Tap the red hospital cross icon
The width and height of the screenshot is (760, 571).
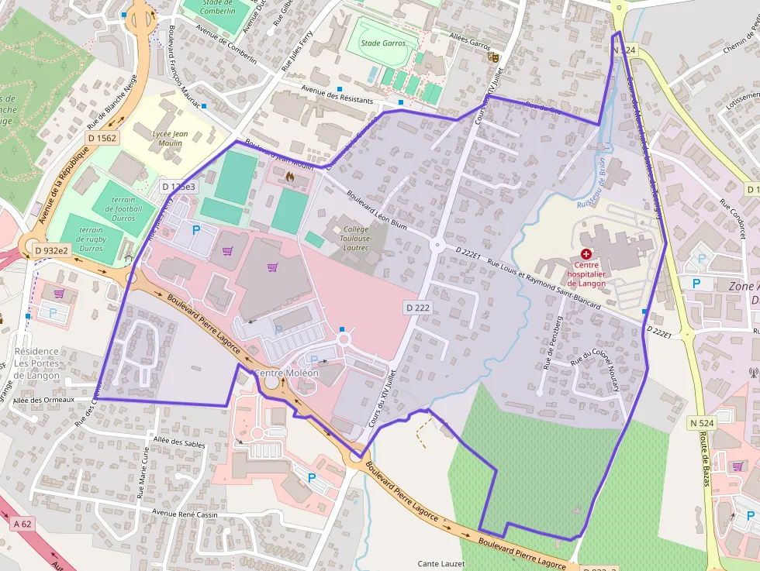point(586,254)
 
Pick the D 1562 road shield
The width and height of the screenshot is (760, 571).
point(102,138)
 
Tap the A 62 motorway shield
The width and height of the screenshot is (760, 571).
point(22,524)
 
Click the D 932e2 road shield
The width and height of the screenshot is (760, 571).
point(52,250)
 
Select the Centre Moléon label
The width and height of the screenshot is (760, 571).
point(286,373)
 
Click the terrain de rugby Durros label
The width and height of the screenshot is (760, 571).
point(91,239)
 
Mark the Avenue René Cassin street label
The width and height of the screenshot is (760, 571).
point(186,514)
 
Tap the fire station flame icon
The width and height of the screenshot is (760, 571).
point(290,177)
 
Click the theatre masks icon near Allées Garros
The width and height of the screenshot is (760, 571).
point(492,56)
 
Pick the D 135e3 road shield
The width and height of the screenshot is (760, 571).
point(178,187)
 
